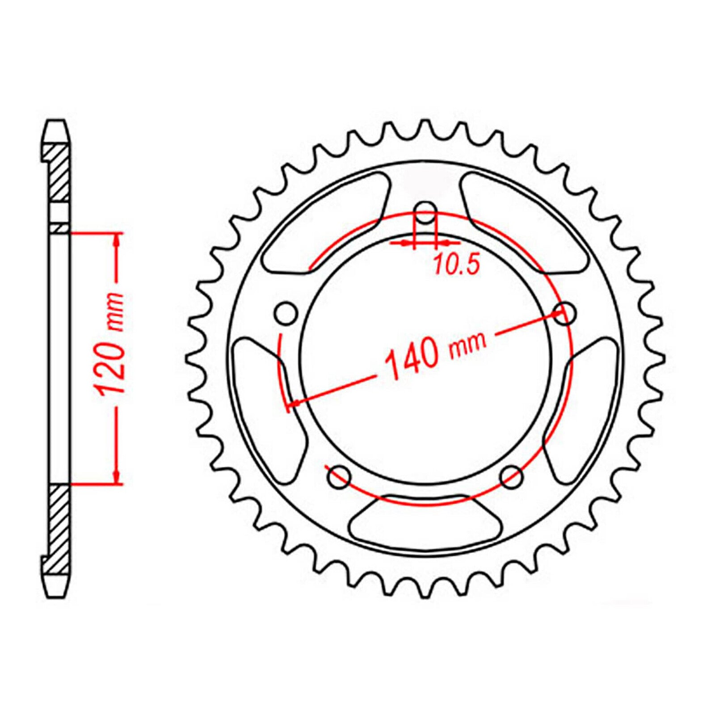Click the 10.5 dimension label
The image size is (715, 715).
[456, 265]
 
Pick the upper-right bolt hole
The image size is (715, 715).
[566, 313]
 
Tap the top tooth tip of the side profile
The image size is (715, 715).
[58, 125]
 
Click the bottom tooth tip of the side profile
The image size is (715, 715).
[58, 592]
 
